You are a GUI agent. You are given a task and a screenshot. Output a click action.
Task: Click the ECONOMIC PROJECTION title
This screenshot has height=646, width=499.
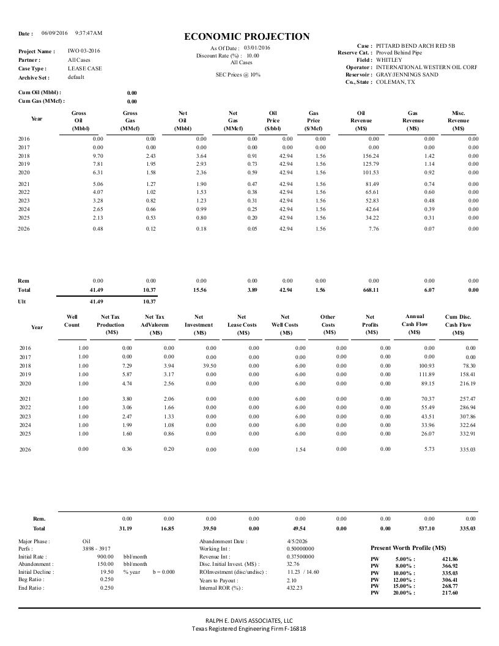[247, 37]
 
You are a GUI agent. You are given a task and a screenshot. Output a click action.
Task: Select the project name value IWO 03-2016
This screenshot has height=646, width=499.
[84, 51]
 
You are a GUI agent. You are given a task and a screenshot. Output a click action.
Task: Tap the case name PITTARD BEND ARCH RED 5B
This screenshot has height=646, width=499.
[415, 46]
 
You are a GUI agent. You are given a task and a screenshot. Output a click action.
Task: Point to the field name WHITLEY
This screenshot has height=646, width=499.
[389, 60]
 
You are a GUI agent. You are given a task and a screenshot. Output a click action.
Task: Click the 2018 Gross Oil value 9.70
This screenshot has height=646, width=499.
[98, 156]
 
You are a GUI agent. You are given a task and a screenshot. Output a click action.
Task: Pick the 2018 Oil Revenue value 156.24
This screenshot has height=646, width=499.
[371, 156]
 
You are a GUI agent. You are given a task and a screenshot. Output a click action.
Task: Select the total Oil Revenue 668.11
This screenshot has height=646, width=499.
[371, 290]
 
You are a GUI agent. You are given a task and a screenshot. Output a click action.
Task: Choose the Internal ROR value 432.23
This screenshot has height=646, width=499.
[295, 588]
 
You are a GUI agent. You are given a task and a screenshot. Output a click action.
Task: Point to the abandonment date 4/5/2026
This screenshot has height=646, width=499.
[298, 541]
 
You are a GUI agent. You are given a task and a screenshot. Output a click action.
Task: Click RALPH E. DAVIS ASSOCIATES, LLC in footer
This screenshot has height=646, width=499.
[248, 620]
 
